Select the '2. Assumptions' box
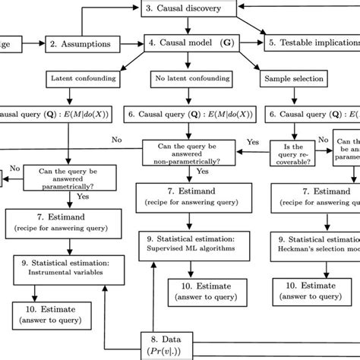80,44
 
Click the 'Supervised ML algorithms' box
190,243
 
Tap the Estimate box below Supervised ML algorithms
190,289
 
